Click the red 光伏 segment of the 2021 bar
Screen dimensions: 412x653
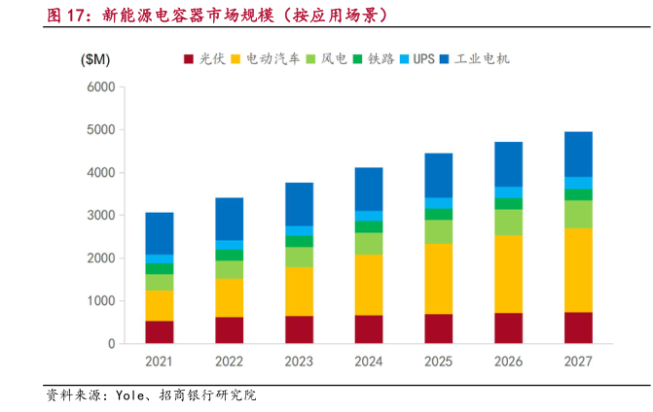(x=160, y=331)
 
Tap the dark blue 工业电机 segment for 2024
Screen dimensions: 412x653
(x=369, y=189)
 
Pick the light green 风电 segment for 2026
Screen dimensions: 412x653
(x=508, y=223)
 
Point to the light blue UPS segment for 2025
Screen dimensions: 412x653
(x=438, y=203)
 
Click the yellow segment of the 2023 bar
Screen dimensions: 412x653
(x=299, y=292)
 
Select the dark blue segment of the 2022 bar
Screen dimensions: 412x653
(x=229, y=219)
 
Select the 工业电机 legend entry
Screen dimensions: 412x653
(x=476, y=59)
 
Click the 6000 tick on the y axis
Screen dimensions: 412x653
(x=100, y=86)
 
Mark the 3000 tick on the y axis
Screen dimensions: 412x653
(x=100, y=215)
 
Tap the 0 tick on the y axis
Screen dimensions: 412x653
(x=110, y=344)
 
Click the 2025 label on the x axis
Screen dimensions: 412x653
(x=438, y=361)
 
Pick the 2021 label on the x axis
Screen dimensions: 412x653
(x=160, y=361)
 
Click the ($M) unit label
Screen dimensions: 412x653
(x=95, y=59)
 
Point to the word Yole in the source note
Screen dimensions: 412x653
(x=129, y=396)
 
